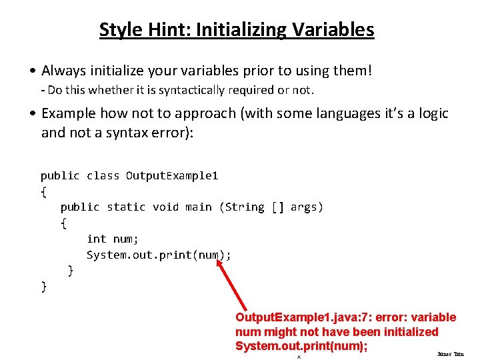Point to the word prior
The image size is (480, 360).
(274, 70)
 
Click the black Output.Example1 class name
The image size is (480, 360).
(172, 176)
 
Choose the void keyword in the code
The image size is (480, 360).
(165, 207)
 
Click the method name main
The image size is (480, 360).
(199, 207)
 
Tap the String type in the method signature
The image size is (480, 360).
(245, 207)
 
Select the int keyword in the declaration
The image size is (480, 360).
(97, 239)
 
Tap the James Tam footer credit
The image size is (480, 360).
(450, 354)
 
